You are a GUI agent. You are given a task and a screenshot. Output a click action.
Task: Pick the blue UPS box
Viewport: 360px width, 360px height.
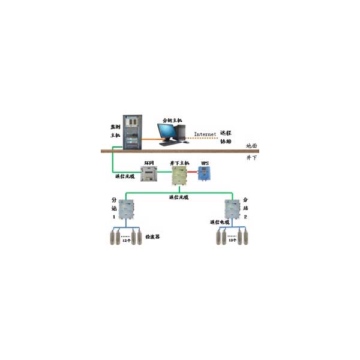[x=205, y=174]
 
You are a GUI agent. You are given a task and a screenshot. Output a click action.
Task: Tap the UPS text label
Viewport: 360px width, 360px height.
[x=205, y=163]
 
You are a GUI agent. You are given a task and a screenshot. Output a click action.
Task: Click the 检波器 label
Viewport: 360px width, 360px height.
[x=152, y=238]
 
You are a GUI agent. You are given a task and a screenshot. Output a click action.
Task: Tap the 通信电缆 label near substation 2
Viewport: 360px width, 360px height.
[x=220, y=223]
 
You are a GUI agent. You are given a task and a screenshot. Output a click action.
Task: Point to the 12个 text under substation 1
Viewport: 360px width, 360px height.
[x=125, y=245]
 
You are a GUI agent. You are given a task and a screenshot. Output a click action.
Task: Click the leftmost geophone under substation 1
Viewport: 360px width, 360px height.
[x=112, y=236]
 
